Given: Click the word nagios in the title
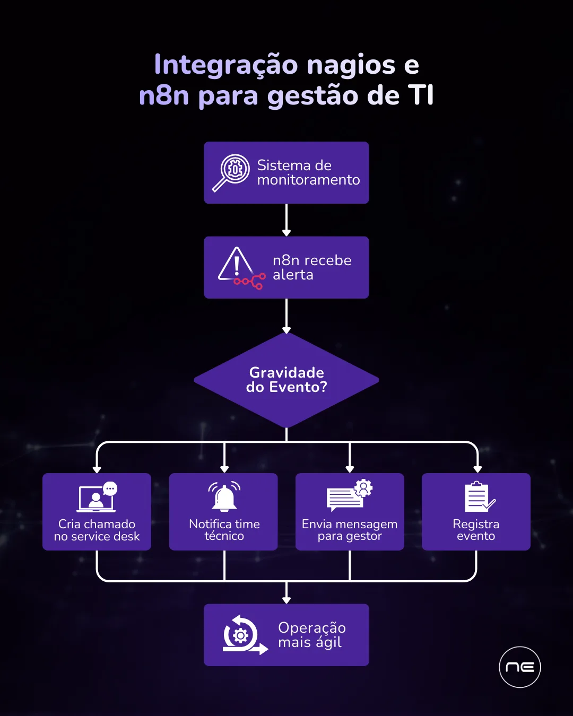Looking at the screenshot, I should tap(351, 66).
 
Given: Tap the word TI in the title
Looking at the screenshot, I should tap(421, 95).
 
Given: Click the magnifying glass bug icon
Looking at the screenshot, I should tap(231, 172).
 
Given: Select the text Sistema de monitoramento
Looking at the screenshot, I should tap(308, 172).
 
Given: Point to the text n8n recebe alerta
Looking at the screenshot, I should tap(311, 267).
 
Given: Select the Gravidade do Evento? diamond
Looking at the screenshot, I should tap(286, 380).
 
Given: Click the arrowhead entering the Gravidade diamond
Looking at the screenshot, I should tap(286, 330).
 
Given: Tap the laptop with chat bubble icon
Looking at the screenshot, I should tap(97, 497).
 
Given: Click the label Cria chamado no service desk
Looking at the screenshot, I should tap(97, 530).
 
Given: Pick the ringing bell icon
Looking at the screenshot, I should tap(224, 496).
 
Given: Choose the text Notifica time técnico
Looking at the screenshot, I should tap(224, 530).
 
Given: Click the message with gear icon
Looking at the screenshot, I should tap(349, 495).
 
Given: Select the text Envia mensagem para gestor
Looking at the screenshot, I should tap(350, 530).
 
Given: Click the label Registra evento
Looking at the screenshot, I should tap(476, 530).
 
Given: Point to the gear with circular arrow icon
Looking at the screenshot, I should tap(243, 635).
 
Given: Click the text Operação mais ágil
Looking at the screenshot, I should tap(311, 635).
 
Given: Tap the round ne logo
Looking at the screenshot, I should tap(520, 667).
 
